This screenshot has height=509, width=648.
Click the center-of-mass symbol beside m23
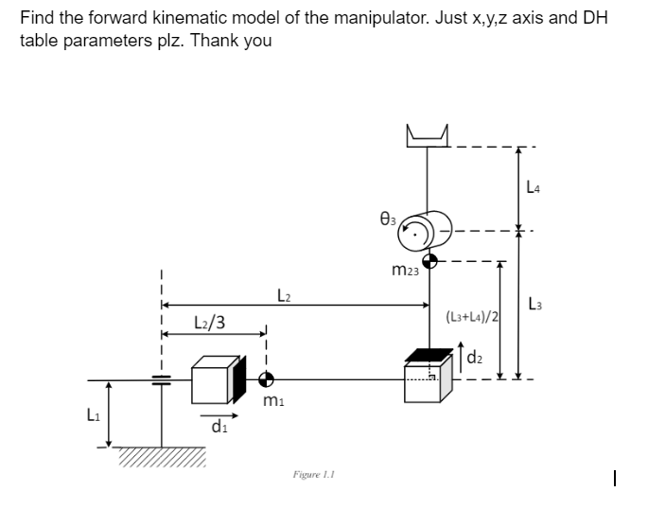click(429, 261)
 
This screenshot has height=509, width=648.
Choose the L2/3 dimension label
click(209, 323)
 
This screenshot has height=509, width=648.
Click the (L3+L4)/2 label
click(472, 314)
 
